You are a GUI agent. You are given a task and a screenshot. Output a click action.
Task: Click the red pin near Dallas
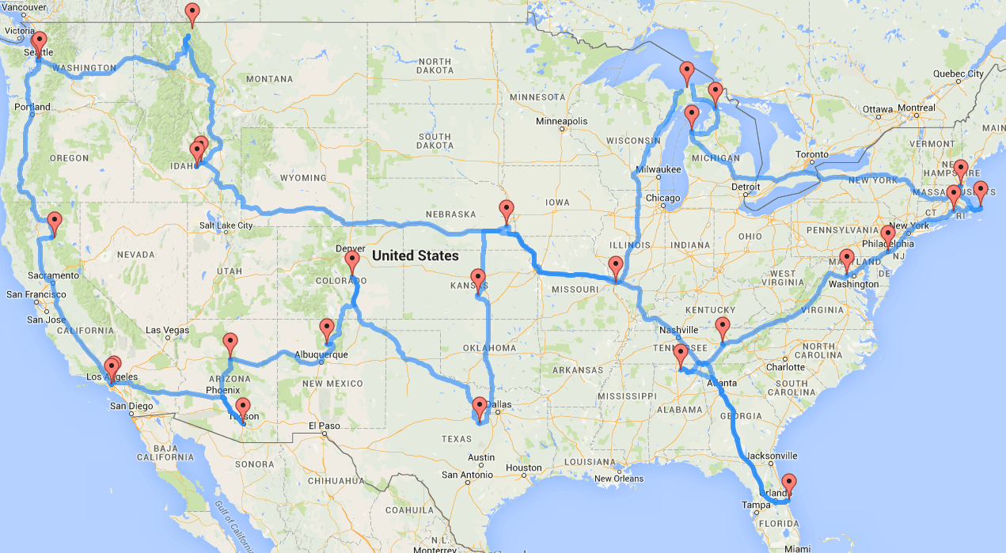480,408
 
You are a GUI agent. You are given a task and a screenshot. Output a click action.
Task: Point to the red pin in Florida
788,483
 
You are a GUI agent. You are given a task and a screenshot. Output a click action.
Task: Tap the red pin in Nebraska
507,211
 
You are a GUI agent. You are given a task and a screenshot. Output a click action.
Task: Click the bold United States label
415,256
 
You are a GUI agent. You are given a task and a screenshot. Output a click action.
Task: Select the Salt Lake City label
226,225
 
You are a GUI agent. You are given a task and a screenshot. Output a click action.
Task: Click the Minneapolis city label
562,122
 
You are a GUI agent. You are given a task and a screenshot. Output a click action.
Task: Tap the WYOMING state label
303,178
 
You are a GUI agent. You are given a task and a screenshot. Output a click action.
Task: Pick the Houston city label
523,468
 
